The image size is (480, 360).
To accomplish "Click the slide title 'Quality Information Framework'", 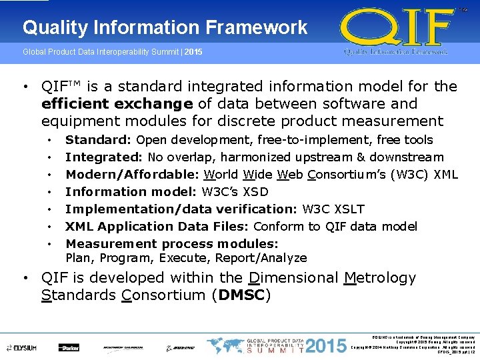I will point(165,27).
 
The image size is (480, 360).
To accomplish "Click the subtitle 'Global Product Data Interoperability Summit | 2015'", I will point(113,52).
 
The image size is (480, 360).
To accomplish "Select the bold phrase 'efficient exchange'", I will point(117,104).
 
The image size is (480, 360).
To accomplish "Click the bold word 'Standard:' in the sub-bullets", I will point(99,140).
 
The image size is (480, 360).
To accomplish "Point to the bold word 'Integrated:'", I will point(104,157).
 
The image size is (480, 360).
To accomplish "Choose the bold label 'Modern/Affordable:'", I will point(133,175).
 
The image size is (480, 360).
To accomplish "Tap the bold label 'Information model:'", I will point(131,192).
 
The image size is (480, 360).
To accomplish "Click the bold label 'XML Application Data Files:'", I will point(157,227).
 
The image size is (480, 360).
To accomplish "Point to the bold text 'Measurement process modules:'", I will point(171,244).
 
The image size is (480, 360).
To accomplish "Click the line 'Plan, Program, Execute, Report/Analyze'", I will point(186,258).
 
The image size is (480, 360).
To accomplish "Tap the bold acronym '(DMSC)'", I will point(241,295).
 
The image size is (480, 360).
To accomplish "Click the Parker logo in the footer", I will point(69,347).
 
